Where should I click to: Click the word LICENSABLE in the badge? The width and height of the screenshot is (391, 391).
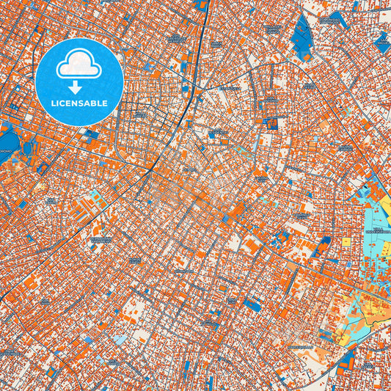tap(79, 103)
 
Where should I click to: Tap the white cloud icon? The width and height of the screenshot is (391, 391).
tap(80, 65)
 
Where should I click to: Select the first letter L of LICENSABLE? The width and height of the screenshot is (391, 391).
tap(53, 103)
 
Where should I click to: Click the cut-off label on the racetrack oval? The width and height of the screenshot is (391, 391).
tap(5, 150)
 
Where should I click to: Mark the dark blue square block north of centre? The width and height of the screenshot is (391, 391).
tap(272, 124)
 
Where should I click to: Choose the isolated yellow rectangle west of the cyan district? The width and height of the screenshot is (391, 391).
tap(346, 241)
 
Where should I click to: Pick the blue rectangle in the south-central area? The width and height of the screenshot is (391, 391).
tap(253, 304)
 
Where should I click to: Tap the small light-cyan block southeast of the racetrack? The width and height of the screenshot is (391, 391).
tap(95, 196)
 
